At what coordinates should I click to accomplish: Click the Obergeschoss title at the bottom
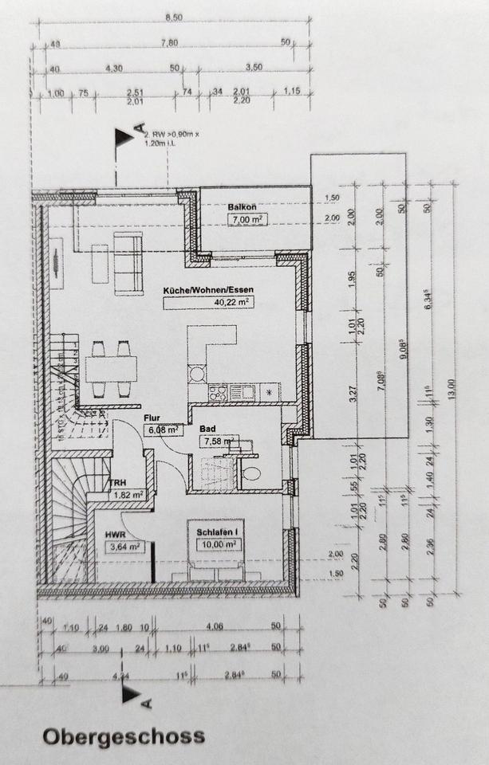(x=124, y=736)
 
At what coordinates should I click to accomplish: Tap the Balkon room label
(x=242, y=206)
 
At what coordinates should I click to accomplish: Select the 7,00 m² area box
(x=246, y=219)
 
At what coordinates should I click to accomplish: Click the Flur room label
(x=153, y=417)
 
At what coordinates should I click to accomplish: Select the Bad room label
(x=208, y=428)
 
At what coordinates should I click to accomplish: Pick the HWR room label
(x=116, y=534)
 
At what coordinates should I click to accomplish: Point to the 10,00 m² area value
(x=219, y=544)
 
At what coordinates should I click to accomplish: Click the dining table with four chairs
(x=112, y=369)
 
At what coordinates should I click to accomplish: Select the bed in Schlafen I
(x=217, y=558)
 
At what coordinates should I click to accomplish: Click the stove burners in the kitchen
(x=217, y=392)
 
